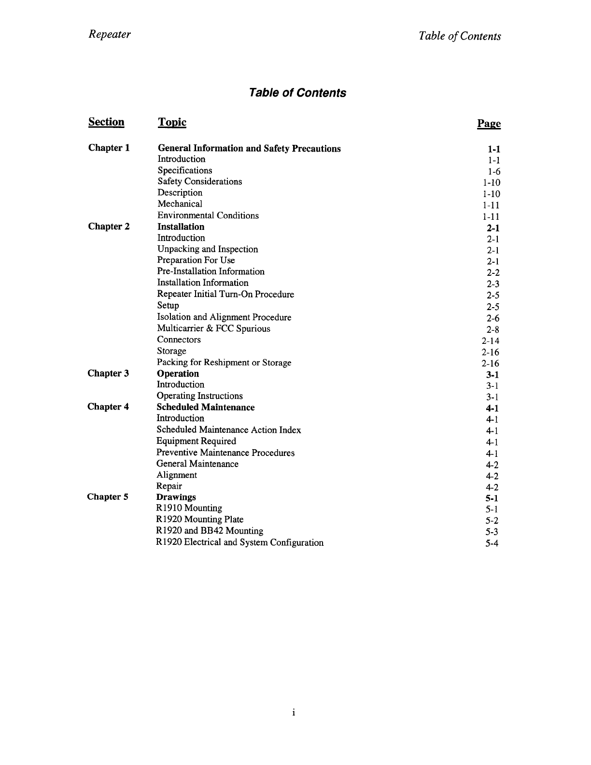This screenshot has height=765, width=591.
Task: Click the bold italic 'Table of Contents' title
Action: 297,93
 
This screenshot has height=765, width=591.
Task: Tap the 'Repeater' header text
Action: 110,35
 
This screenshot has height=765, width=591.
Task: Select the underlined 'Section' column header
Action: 106,122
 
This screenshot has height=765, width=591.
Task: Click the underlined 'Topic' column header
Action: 172,123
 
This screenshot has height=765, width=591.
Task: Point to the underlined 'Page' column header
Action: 489,124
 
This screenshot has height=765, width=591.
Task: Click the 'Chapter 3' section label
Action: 108,373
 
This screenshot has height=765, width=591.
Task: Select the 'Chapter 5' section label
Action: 108,497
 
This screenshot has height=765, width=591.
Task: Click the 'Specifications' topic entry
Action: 185,170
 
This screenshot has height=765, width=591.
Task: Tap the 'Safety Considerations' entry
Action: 200,182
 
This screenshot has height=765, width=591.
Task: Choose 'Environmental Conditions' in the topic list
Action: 208,215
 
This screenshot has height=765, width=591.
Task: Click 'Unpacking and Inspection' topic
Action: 208,249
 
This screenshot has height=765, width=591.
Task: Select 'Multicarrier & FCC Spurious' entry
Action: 213,328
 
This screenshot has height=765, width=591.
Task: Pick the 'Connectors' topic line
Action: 179,340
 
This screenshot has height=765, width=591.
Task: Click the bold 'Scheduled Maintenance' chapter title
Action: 206,407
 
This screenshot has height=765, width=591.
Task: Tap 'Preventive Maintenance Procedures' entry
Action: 225,453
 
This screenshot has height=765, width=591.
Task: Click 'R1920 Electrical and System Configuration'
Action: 240,542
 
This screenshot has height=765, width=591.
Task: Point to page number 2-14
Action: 491,341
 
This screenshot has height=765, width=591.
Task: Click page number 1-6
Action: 493,171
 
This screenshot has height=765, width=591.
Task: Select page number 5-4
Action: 492,543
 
